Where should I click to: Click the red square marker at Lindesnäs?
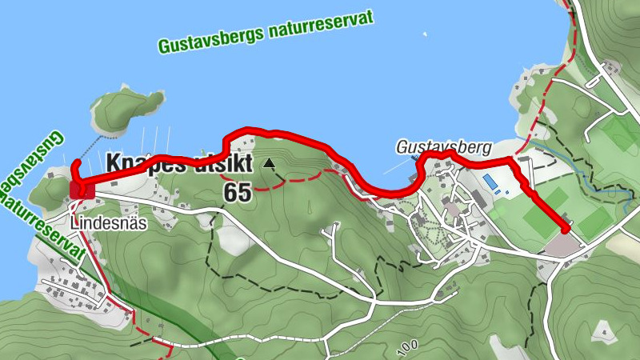[x=82, y=190]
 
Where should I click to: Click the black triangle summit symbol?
[x=270, y=164]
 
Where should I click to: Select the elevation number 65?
[x=238, y=192]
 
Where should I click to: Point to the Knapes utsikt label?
[x=180, y=163]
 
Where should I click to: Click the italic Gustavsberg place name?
[x=442, y=147]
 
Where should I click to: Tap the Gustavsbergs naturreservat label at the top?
[x=266, y=33]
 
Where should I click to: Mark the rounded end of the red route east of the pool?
[x=566, y=230]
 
